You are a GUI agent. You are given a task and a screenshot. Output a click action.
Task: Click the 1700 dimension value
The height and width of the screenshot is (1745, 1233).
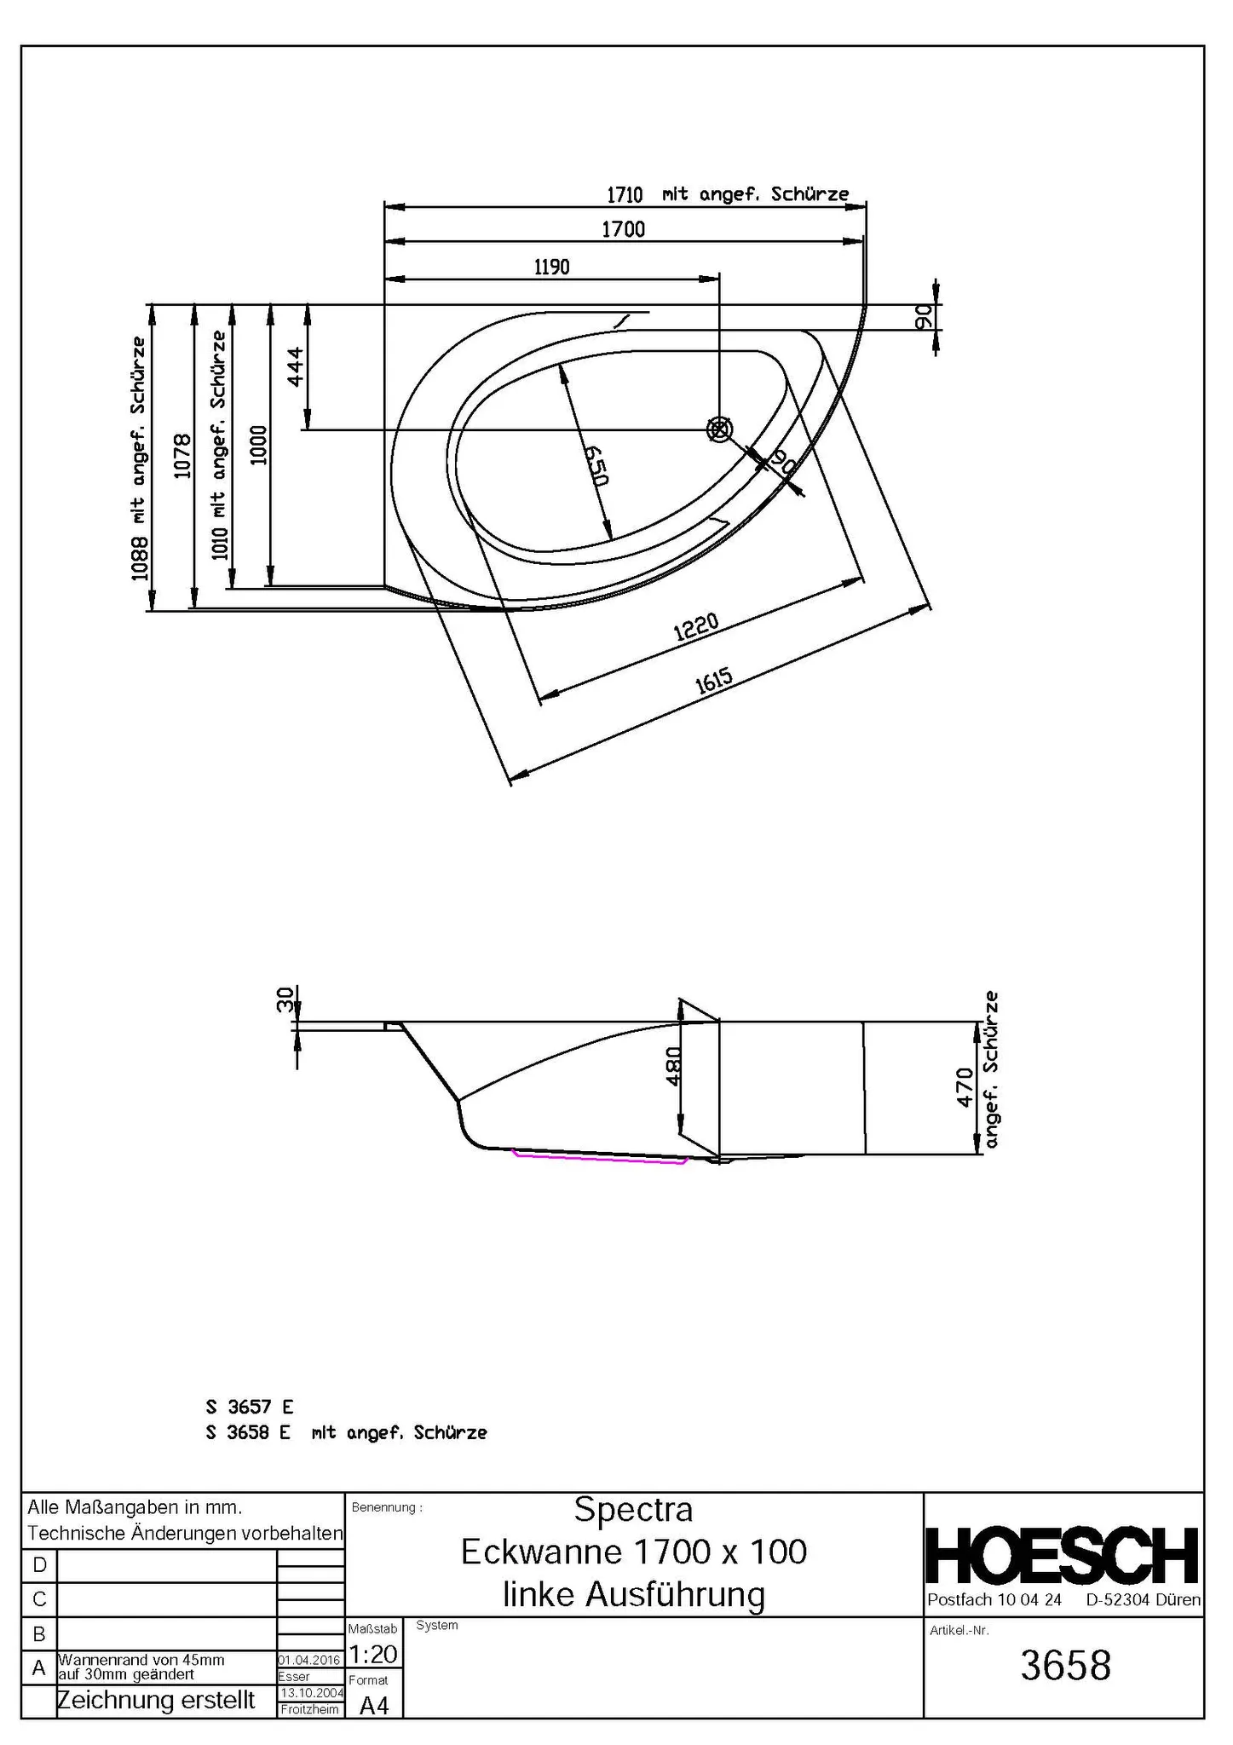(x=623, y=229)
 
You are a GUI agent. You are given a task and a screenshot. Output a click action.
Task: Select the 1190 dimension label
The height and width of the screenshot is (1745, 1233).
(x=551, y=268)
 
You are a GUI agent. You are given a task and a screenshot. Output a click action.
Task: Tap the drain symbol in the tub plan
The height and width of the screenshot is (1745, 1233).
(x=719, y=429)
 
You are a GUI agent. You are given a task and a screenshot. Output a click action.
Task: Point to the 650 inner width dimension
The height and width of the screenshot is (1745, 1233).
(x=596, y=465)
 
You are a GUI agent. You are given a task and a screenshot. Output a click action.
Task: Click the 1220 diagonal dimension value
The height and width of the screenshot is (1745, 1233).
(x=696, y=628)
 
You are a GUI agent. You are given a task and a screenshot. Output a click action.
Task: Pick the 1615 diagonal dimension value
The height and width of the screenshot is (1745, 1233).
(x=713, y=682)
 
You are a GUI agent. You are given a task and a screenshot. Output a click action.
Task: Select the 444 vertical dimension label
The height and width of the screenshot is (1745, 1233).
(x=294, y=366)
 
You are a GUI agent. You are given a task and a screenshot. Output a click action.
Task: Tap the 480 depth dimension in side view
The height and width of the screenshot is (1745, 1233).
(x=672, y=1066)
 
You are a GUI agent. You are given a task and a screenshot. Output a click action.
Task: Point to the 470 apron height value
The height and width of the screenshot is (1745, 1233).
(x=965, y=1087)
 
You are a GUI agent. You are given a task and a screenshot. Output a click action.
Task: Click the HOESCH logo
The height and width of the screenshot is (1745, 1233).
(x=1063, y=1556)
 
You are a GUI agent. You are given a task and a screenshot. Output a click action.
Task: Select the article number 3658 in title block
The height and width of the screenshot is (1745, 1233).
(x=1065, y=1666)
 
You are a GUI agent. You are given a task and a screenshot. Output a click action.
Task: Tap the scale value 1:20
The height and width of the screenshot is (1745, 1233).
(x=373, y=1655)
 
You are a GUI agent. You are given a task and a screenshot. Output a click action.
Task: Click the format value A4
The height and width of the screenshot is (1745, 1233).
(x=373, y=1705)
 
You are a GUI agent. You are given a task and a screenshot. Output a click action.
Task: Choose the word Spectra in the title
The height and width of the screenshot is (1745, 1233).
(x=633, y=1509)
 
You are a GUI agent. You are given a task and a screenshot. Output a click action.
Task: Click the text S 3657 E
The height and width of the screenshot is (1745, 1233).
(x=249, y=1407)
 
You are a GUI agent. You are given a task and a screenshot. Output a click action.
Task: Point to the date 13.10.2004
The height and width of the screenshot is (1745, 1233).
(x=311, y=1693)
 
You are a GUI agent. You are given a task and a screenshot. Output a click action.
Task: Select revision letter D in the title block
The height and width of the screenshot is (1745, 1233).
(x=39, y=1565)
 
